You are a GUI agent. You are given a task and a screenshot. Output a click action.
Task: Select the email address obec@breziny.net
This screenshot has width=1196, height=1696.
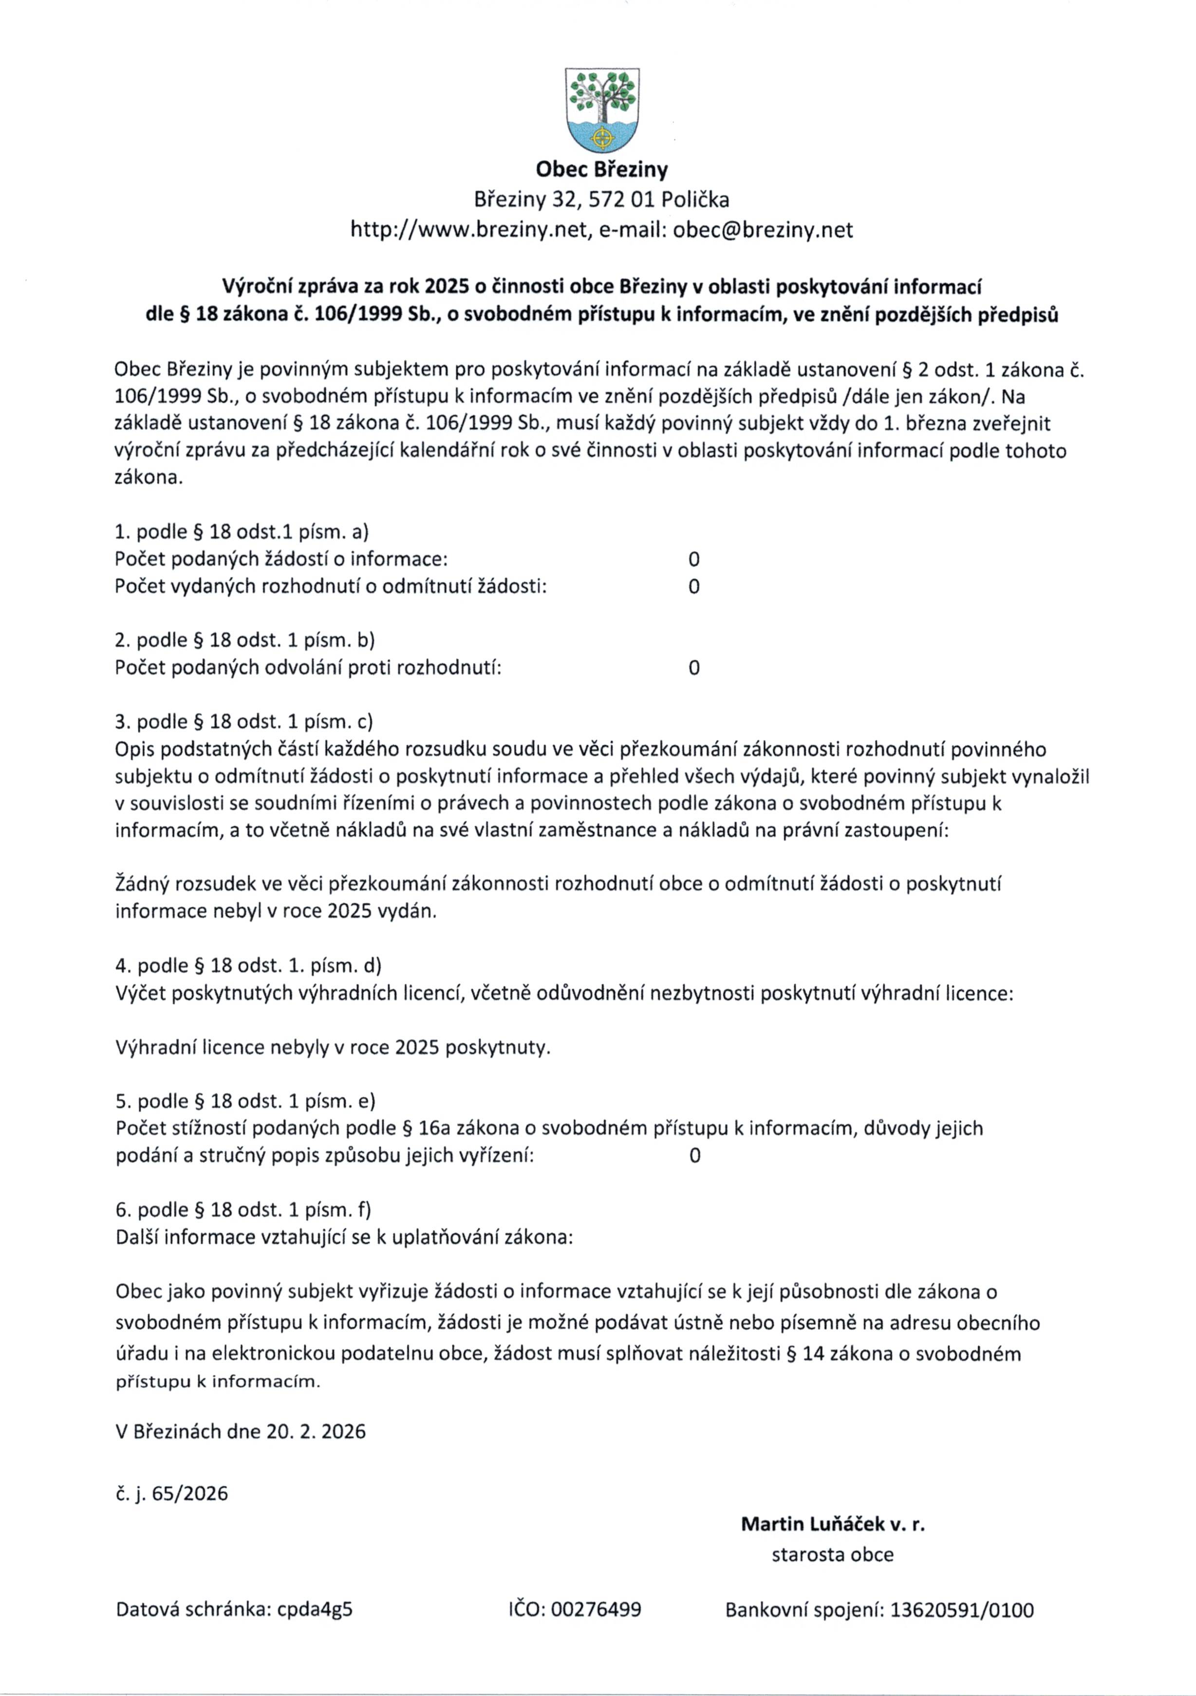(x=763, y=230)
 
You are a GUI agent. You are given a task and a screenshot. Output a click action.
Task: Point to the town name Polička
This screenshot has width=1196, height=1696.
(x=695, y=200)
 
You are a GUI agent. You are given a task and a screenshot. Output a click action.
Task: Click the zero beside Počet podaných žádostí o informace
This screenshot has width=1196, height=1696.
(x=693, y=559)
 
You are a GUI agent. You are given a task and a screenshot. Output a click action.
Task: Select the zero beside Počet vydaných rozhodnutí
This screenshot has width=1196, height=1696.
(x=693, y=587)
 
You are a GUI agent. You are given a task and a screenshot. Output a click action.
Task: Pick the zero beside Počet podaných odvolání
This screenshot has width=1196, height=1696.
(x=693, y=668)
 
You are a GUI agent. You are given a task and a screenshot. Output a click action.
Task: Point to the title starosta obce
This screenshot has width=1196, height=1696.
(x=833, y=1555)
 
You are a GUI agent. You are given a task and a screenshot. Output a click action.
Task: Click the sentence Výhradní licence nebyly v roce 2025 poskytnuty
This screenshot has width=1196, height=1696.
(x=333, y=1048)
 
